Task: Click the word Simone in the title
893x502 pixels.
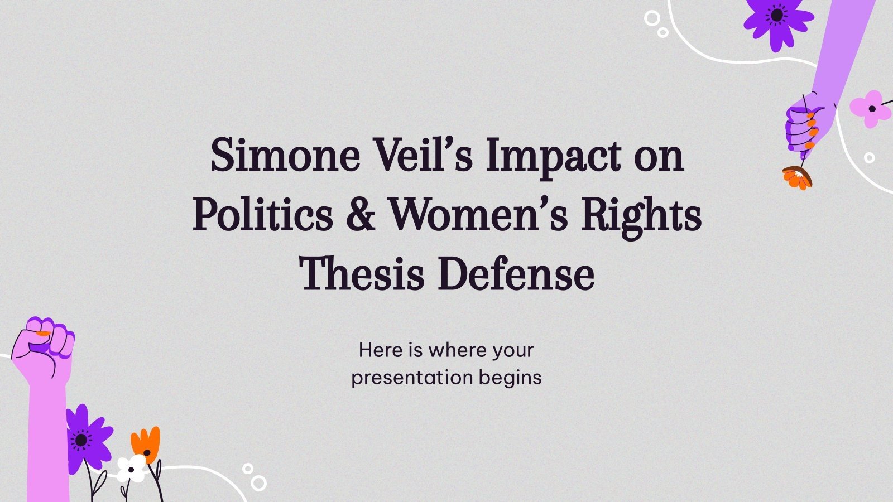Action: tap(285, 156)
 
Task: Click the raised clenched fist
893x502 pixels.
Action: tap(43, 346)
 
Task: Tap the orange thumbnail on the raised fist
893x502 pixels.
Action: tap(42, 334)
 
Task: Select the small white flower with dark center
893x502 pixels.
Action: tap(131, 469)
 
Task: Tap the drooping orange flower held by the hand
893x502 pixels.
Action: tap(797, 178)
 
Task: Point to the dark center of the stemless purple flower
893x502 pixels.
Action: tap(777, 16)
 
